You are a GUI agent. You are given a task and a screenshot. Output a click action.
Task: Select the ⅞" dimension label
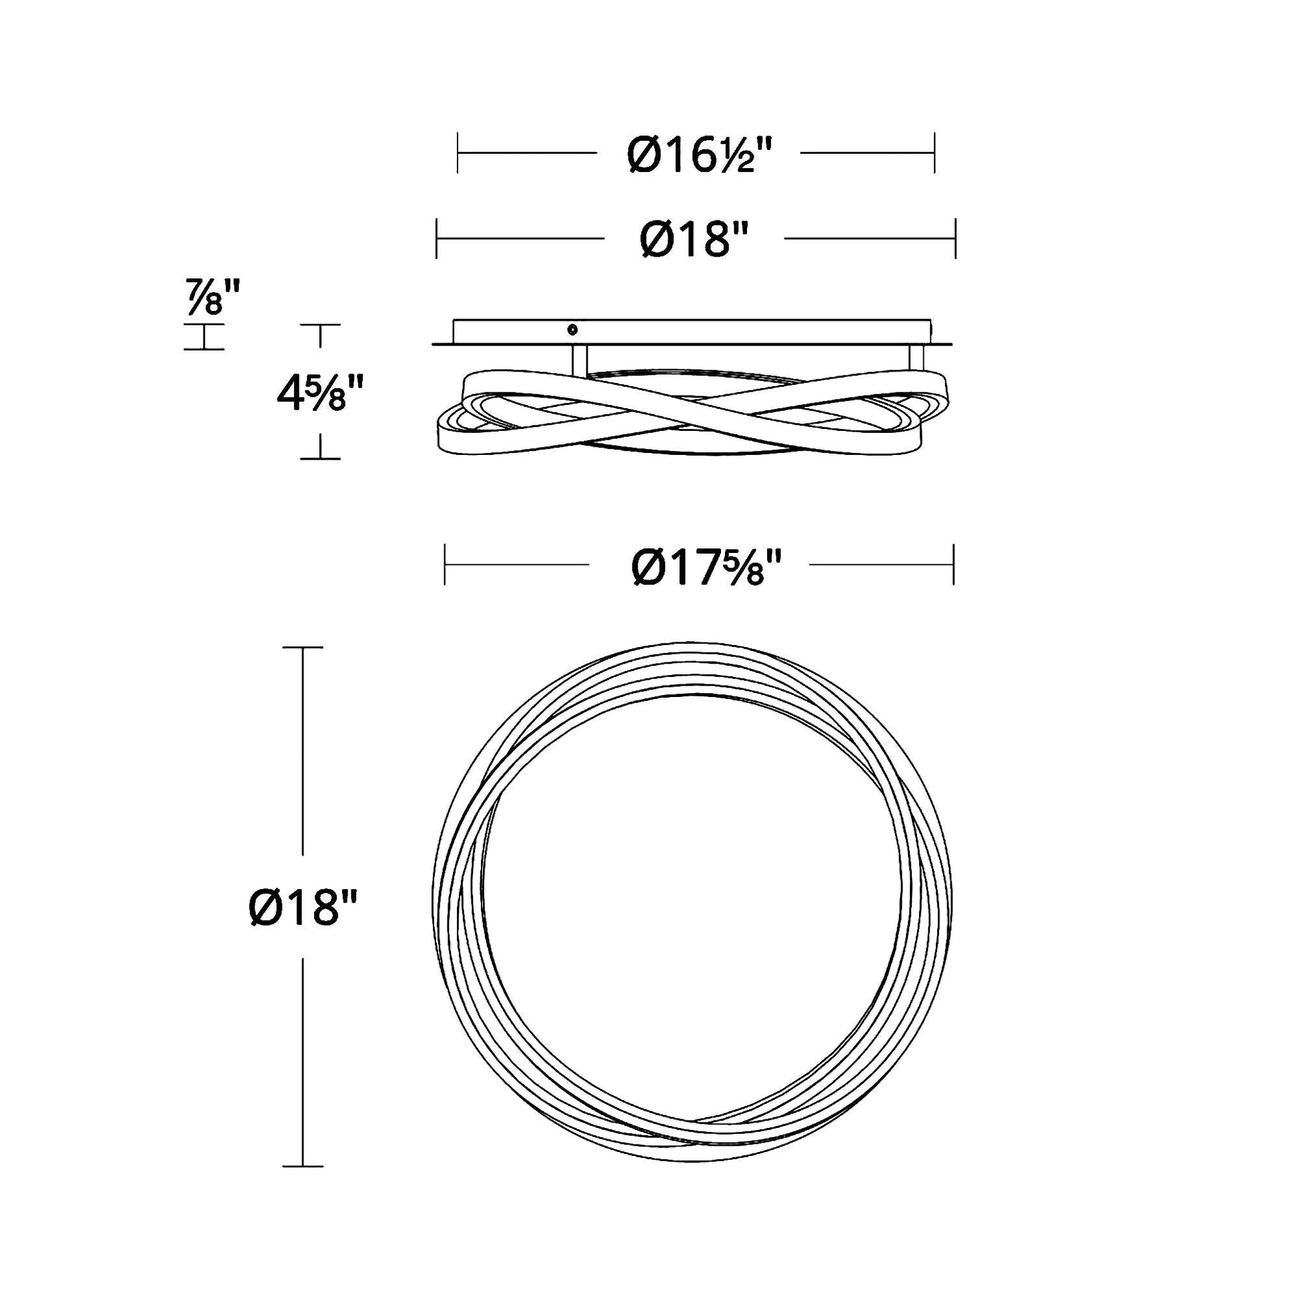(213, 297)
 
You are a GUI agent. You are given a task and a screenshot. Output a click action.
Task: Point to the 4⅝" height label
(320, 394)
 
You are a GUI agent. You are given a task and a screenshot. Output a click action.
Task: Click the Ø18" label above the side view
(694, 239)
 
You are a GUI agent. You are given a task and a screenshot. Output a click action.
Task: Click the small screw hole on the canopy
(572, 330)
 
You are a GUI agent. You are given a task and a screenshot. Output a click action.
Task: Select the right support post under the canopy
(916, 358)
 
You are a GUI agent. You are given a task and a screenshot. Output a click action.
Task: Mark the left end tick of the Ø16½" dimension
(458, 153)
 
